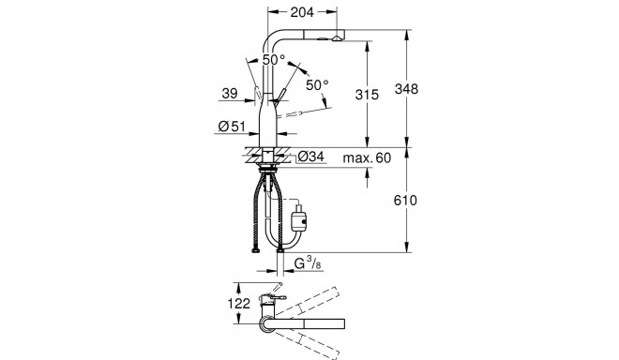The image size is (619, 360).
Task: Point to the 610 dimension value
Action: pos(426,201)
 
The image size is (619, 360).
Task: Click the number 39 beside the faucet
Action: pos(227,92)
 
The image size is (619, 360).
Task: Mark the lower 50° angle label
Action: pos(317,85)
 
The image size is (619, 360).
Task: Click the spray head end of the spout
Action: pos(335,41)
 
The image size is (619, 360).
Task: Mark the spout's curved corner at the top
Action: pos(273,39)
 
